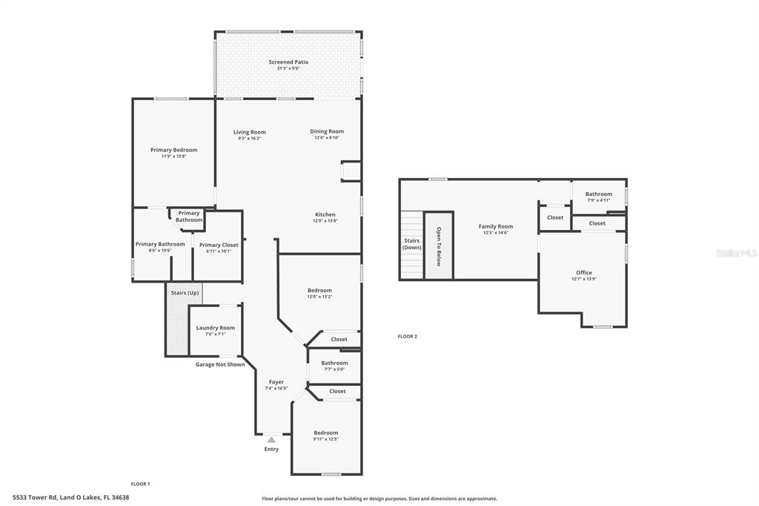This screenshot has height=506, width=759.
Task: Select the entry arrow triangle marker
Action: (x=271, y=440)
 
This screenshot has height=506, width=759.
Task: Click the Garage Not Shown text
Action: (x=220, y=364)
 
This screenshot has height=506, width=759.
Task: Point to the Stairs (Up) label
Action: (x=184, y=292)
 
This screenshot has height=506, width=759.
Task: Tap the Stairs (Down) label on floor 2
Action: (x=411, y=243)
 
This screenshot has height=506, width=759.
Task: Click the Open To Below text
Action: (x=439, y=246)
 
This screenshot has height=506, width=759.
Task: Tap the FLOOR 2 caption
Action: (x=407, y=336)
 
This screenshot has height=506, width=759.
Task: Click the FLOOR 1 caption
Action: (x=140, y=484)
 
